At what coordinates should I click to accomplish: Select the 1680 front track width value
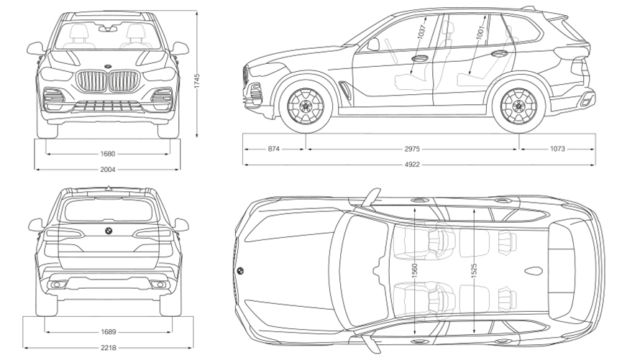(x=109, y=153)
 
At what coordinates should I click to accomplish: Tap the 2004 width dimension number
(x=109, y=169)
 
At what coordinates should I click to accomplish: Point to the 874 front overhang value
(x=274, y=149)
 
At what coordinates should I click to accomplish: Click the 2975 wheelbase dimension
(x=412, y=149)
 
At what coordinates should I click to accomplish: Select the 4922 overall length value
(x=412, y=165)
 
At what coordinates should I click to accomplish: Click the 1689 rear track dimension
(x=109, y=332)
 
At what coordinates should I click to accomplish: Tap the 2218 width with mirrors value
(x=109, y=349)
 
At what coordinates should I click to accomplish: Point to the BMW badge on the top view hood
(x=240, y=271)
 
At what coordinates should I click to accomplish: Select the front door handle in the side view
(x=420, y=58)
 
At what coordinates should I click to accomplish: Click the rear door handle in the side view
(x=499, y=54)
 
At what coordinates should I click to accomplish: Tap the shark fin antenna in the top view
(x=533, y=272)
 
